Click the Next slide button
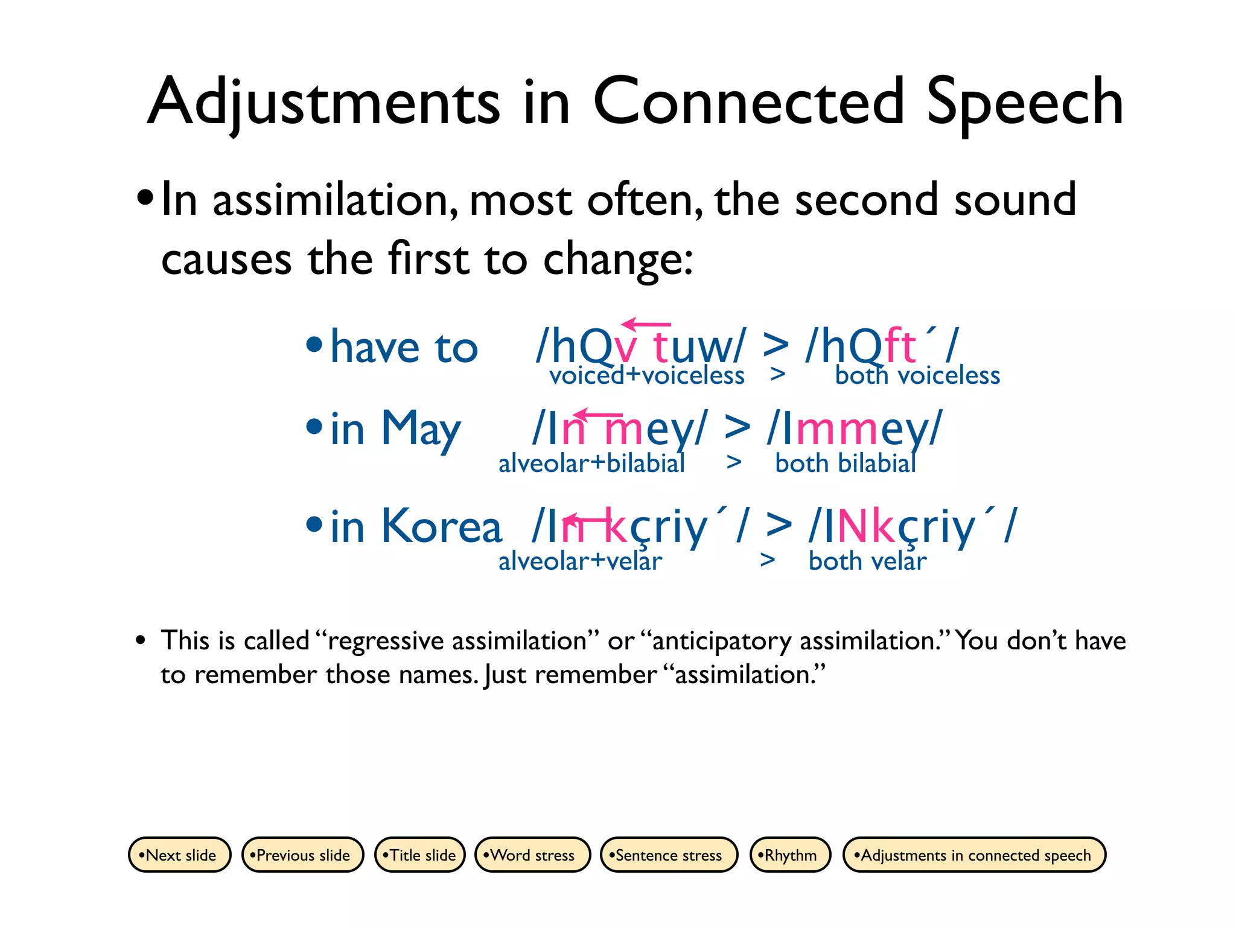pos(179,855)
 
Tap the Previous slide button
pos(302,855)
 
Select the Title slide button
pos(420,855)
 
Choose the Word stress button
pos(532,855)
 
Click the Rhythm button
pos(789,855)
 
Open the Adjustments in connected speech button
pos(973,855)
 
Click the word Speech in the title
pos(1024,103)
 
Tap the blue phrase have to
pos(404,348)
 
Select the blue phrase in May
pos(395,430)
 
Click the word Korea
pos(442,527)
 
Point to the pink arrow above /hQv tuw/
pos(646,325)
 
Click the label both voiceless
pos(917,376)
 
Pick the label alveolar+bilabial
pos(591,463)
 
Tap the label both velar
pos(867,561)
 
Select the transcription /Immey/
pos(854,428)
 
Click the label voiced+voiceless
pos(646,376)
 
